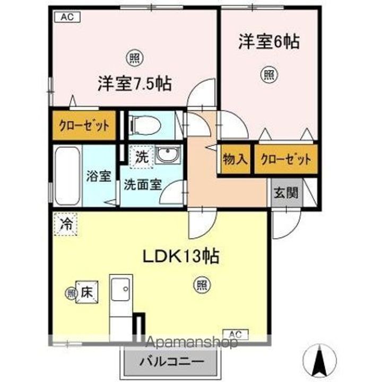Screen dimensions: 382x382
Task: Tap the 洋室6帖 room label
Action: click(x=268, y=42)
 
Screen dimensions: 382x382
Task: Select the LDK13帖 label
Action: click(x=180, y=257)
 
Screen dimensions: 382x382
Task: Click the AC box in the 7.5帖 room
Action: click(x=67, y=17)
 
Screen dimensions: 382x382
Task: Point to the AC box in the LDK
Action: click(x=239, y=334)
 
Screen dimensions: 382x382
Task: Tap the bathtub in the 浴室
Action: click(x=67, y=175)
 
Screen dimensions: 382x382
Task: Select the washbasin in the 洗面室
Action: click(x=169, y=155)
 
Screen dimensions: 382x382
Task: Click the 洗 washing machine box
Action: click(x=142, y=157)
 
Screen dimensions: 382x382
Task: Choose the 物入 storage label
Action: click(x=233, y=160)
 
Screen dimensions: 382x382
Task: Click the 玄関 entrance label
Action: click(x=285, y=193)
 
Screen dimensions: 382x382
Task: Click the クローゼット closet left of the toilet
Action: click(x=84, y=126)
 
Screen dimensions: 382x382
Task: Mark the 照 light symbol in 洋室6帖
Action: click(x=267, y=76)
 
